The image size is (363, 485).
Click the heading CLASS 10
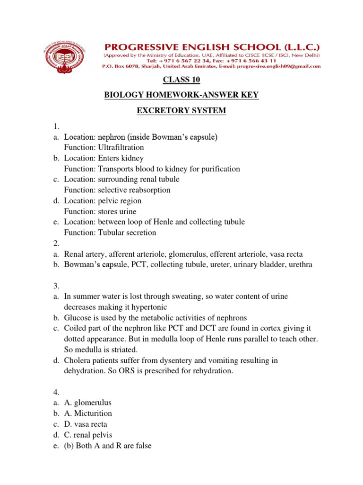(181, 79)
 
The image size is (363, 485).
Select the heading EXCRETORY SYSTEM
(181, 111)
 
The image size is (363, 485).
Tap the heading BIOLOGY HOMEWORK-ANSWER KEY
(181, 95)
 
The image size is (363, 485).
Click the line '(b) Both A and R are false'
(108, 446)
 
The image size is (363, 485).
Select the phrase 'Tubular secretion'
(127, 233)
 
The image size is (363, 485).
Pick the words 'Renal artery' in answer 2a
(85, 254)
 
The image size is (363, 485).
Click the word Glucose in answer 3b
(78, 317)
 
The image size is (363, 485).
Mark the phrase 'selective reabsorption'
(134, 190)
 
